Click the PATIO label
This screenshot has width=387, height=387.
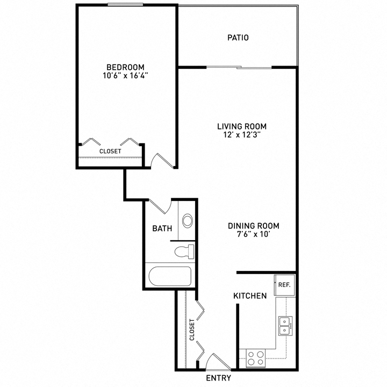click(238, 38)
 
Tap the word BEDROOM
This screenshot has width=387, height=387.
click(125, 67)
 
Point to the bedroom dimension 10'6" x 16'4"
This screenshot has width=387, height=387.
click(125, 76)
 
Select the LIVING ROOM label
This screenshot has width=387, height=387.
click(242, 127)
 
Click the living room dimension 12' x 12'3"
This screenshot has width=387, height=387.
click(242, 135)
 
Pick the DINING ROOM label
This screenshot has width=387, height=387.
click(254, 226)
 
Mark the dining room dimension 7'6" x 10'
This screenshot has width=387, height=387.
click(254, 234)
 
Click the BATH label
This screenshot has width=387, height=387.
click(162, 228)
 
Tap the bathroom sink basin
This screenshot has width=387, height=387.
click(188, 221)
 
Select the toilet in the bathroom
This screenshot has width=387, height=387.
click(184, 252)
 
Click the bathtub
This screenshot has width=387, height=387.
click(170, 276)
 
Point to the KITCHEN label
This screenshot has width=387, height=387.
click(250, 296)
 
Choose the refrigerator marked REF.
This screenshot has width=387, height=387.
click(284, 285)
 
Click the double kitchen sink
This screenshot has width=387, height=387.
click(285, 326)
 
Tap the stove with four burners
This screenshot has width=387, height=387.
click(256, 358)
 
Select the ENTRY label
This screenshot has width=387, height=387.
click(218, 378)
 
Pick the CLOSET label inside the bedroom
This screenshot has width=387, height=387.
click(110, 151)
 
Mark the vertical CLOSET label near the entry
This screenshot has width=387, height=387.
click(192, 329)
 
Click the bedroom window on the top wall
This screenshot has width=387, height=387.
click(125, 4)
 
